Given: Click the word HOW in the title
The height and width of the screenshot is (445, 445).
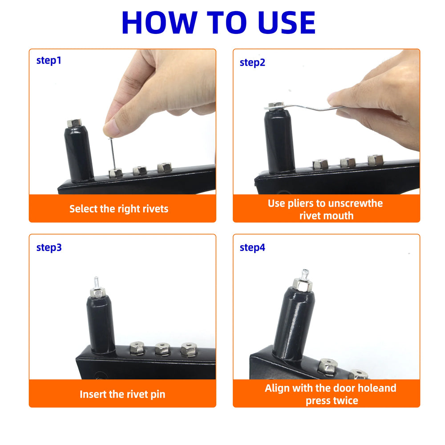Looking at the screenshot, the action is pyautogui.click(x=159, y=23).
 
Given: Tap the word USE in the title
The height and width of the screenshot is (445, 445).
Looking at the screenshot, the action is pyautogui.click(x=287, y=23).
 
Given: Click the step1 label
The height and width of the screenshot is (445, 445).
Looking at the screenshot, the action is pyautogui.click(x=49, y=61).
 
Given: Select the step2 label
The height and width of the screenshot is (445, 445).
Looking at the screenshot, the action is pyautogui.click(x=252, y=63).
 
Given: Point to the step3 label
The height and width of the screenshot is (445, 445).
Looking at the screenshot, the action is pyautogui.click(x=49, y=248).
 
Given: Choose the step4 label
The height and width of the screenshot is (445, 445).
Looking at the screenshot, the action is pyautogui.click(x=252, y=248).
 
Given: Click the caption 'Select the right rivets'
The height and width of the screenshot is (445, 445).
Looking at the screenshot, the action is pyautogui.click(x=119, y=209).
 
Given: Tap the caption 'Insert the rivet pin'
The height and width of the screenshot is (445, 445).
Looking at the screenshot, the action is pyautogui.click(x=122, y=394).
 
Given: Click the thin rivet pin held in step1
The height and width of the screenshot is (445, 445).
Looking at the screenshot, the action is pyautogui.click(x=113, y=153).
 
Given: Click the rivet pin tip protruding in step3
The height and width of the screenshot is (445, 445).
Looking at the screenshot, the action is pyautogui.click(x=96, y=283).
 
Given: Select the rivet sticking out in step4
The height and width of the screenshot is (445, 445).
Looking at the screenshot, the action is pyautogui.click(x=305, y=274).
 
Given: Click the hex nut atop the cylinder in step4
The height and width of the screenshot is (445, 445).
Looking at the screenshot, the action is pyautogui.click(x=302, y=285).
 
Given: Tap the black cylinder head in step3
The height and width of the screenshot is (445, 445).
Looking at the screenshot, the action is pyautogui.click(x=101, y=324).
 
